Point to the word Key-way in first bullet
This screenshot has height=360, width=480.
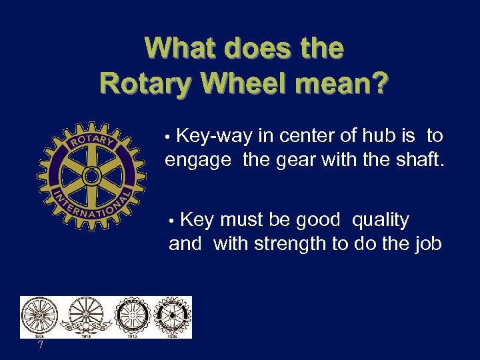[215, 136]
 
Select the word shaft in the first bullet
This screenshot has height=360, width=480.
[417, 161]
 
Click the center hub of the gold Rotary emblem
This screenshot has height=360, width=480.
[91, 175]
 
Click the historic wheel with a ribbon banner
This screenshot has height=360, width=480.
[83, 315]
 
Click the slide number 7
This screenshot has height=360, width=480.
[41, 345]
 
